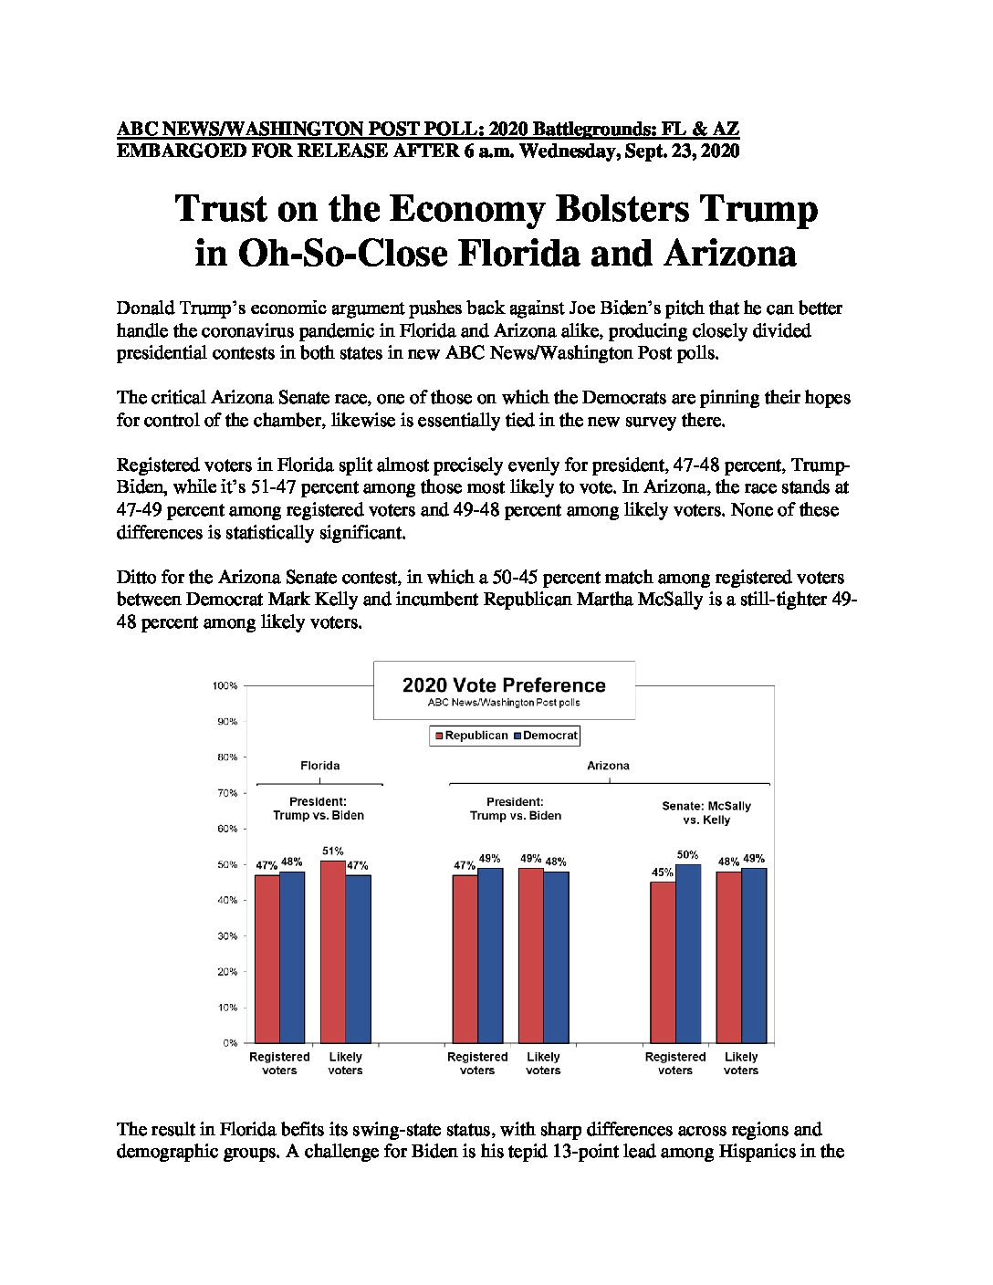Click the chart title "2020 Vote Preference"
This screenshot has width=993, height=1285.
504,685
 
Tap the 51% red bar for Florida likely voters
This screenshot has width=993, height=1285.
333,952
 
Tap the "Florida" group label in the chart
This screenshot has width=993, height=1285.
320,765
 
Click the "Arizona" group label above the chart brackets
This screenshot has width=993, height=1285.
608,765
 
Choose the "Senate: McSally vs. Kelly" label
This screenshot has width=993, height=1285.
706,813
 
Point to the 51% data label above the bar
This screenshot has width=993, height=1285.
333,851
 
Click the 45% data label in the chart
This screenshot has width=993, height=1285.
663,872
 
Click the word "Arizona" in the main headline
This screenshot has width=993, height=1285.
729,254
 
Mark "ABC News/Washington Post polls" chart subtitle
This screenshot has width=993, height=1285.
504,703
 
